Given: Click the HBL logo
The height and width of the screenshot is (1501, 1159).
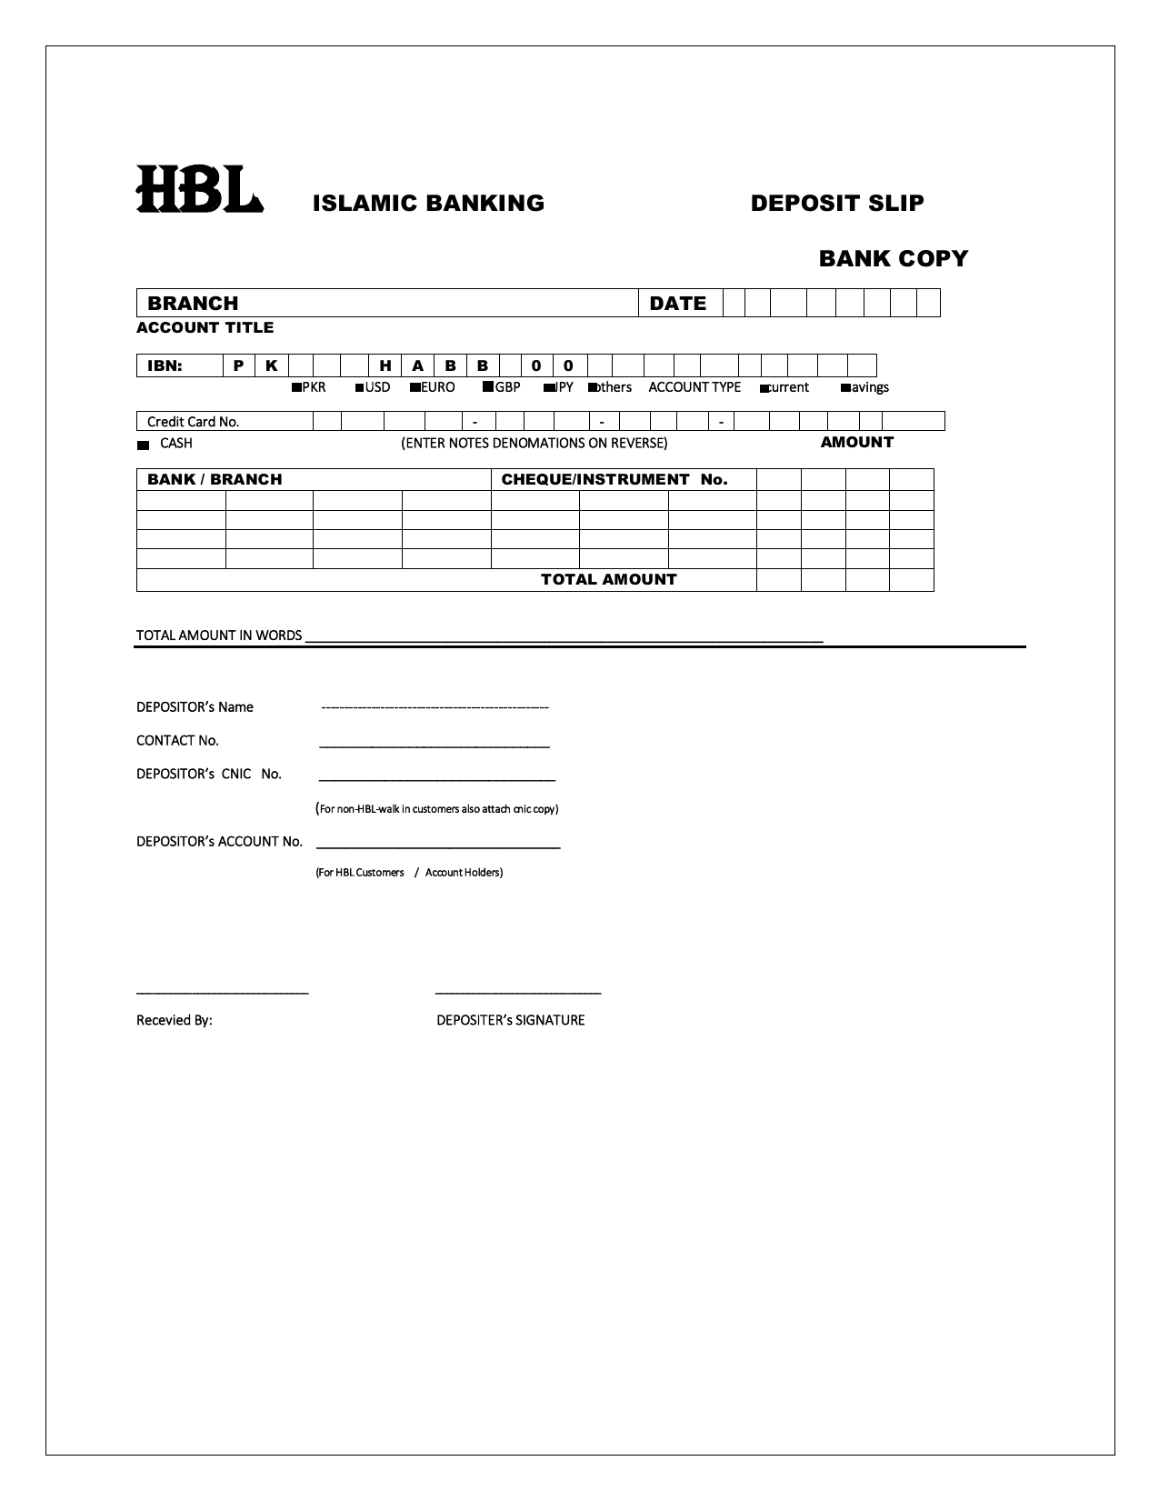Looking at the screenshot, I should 199,189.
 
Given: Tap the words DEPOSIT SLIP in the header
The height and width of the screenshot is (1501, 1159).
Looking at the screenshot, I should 836,203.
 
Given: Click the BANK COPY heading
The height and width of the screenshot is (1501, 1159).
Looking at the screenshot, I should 893,258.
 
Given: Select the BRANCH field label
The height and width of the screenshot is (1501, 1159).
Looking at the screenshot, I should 193,304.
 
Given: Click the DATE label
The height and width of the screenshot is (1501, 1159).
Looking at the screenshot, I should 677,304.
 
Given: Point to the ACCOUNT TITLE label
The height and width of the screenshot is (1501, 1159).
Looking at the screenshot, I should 205,327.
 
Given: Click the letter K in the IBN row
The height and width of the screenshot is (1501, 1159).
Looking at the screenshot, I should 271,365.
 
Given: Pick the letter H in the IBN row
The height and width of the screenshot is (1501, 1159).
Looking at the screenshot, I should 385,365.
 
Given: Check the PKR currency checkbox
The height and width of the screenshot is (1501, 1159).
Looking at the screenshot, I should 295,388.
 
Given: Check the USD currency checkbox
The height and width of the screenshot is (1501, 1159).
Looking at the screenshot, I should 360,388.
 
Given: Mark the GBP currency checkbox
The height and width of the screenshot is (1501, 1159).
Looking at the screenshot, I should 488,387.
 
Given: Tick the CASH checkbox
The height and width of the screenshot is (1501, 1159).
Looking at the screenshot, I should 143,445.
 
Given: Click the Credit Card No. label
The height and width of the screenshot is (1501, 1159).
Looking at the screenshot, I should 193,422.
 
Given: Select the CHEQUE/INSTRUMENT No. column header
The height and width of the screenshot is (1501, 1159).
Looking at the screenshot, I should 614,479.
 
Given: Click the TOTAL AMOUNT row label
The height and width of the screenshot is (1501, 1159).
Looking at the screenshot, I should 608,579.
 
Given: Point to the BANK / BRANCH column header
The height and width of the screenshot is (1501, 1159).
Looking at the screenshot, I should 215,479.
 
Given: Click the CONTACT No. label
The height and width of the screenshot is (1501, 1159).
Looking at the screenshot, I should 177,740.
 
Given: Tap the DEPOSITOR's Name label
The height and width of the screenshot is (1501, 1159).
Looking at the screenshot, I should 195,707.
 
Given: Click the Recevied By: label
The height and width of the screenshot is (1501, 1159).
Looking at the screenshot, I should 174,1020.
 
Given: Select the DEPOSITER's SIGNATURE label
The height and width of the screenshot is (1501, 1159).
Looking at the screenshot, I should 510,1020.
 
